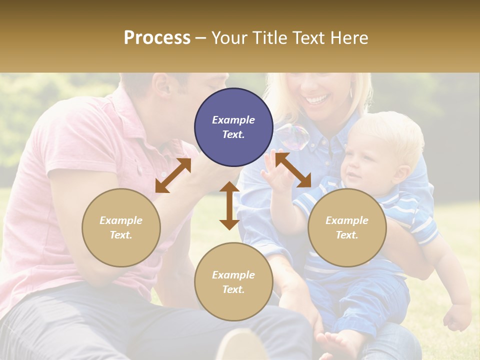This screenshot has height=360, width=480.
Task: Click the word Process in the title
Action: click(157, 38)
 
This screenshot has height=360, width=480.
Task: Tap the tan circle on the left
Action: click(121, 227)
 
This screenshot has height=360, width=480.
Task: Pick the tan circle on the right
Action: click(347, 227)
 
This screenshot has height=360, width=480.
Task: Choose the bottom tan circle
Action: click(233, 281)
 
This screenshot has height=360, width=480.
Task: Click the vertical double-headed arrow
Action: click(229, 205)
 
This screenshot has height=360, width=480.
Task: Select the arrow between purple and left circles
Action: click(173, 175)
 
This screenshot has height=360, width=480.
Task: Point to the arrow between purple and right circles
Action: click(293, 170)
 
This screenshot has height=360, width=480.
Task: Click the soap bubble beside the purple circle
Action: click(293, 136)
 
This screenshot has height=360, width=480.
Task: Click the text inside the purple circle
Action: click(233, 127)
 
